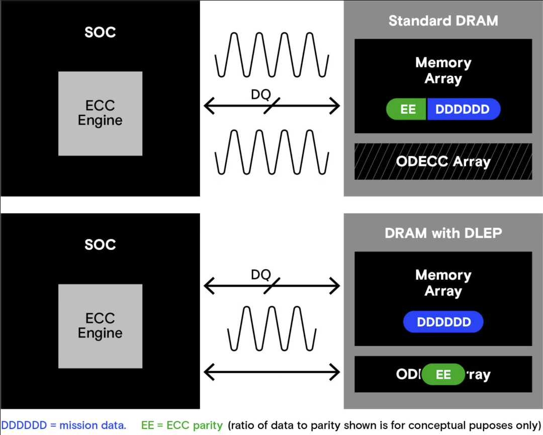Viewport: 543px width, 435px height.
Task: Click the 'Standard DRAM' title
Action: click(443, 21)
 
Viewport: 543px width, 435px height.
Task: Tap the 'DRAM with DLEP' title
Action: click(443, 233)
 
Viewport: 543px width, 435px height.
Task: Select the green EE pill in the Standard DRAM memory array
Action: click(407, 109)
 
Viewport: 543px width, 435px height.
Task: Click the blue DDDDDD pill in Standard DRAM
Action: click(463, 109)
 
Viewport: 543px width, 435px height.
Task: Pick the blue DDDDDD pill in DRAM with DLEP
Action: click(443, 322)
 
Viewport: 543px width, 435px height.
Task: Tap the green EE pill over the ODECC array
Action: click(443, 374)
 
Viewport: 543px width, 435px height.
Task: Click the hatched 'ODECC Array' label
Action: click(443, 161)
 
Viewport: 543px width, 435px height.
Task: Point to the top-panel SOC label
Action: click(100, 32)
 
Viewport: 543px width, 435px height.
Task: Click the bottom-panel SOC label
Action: click(100, 245)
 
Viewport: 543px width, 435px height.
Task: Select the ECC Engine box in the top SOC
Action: click(100, 113)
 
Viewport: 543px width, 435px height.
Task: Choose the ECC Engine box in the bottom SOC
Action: click(100, 326)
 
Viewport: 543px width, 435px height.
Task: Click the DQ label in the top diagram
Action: click(260, 95)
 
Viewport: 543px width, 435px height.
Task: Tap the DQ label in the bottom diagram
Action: click(260, 275)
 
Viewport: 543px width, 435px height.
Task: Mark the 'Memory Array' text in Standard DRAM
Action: click(443, 70)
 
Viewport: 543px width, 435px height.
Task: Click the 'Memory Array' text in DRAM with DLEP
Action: click(443, 283)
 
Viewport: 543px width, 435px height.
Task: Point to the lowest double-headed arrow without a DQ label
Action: click(271, 372)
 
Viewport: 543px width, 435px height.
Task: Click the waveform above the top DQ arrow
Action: click(271, 54)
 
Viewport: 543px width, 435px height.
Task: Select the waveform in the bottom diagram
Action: click(271, 328)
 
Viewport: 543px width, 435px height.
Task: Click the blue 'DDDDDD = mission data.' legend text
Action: click(63, 425)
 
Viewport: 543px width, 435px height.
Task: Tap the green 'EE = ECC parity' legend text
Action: click(182, 425)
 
